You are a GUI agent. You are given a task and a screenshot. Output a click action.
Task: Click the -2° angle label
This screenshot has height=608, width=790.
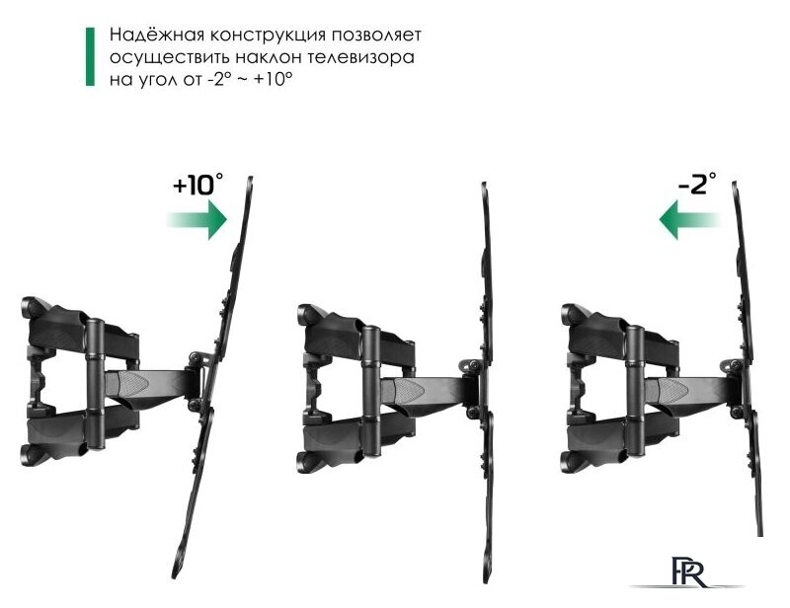pyautogui.click(x=697, y=185)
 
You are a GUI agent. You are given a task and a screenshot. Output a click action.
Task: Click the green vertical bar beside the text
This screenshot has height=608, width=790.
pyautogui.click(x=92, y=56)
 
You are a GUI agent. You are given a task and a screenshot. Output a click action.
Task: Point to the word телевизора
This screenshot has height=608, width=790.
pyautogui.click(x=360, y=57)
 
